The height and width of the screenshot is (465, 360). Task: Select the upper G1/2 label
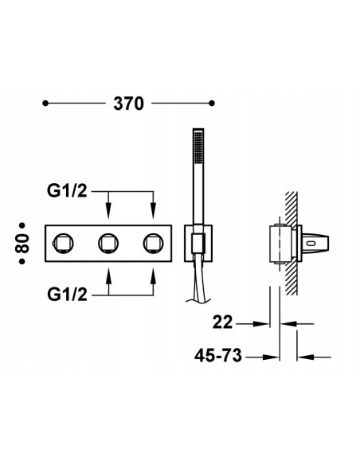pyautogui.click(x=70, y=192)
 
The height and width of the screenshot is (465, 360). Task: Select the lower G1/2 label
pyautogui.click(x=70, y=293)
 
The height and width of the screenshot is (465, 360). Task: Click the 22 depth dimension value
pyautogui.click(x=225, y=323)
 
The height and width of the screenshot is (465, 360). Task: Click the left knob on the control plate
pyautogui.click(x=64, y=241)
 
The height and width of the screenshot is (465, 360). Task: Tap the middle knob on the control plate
pyautogui.click(x=108, y=241)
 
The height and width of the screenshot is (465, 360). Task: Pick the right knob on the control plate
pyautogui.click(x=152, y=241)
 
